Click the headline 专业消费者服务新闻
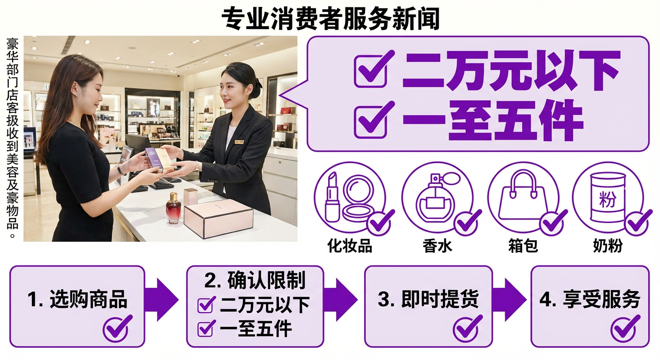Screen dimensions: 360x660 330,19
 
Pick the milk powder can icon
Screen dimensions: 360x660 607,197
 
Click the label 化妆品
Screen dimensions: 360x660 350,246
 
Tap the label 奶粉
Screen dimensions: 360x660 607,246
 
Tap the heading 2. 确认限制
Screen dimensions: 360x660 255,280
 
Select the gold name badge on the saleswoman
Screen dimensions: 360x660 239,141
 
